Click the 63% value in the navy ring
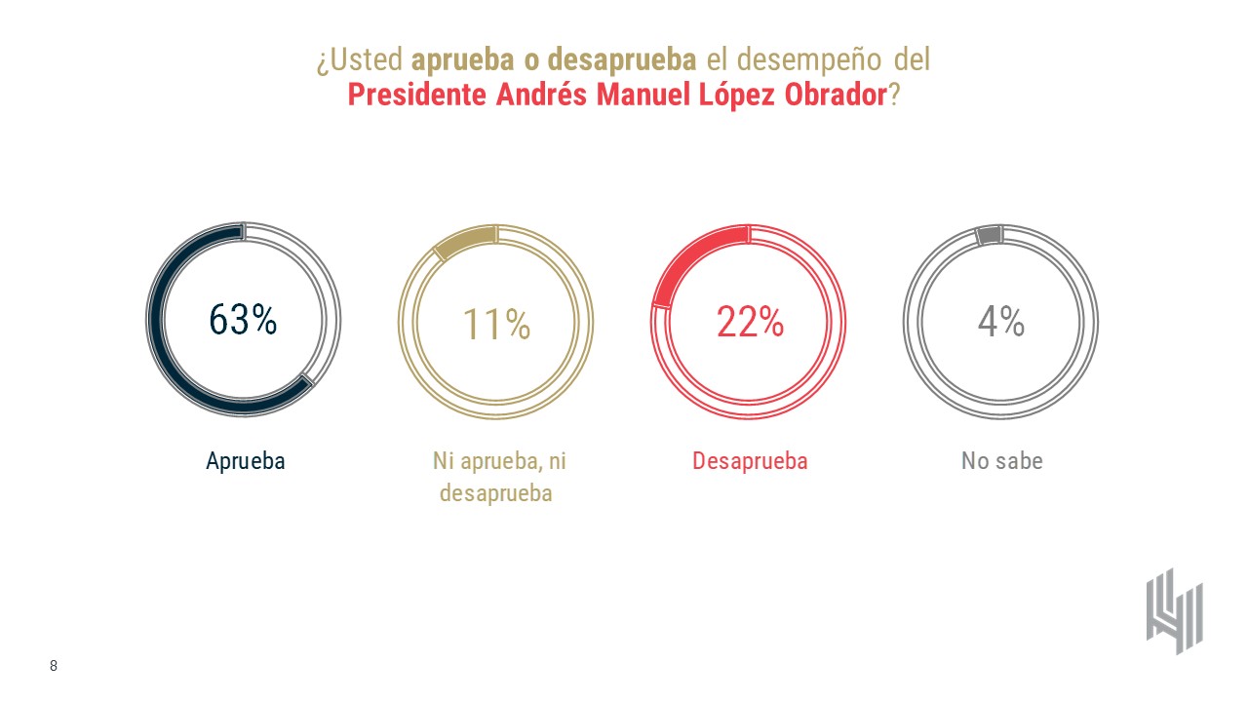tap(243, 321)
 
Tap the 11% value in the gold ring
tap(495, 324)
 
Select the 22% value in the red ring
tap(749, 322)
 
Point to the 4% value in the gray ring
tap(1000, 321)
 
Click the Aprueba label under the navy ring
tap(245, 461)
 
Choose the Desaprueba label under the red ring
tap(750, 461)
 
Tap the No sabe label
tap(1001, 461)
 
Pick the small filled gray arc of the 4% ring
tap(989, 235)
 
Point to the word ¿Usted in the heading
tap(359, 60)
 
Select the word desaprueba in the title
tap(621, 60)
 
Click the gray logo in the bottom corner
tap(1174, 611)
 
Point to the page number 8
tap(54, 666)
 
